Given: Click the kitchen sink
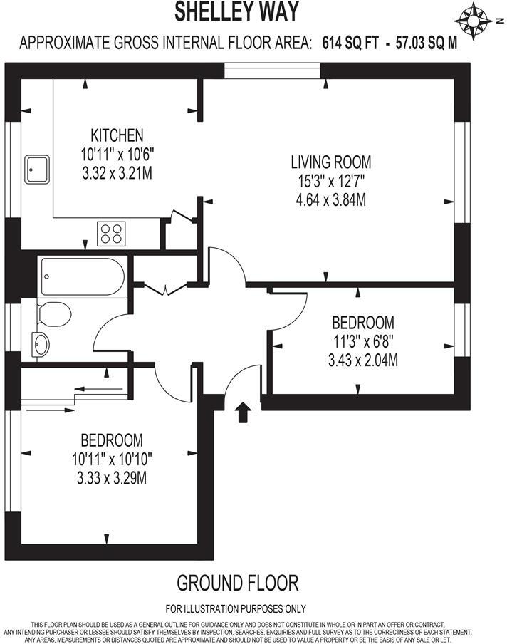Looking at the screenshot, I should [35, 169].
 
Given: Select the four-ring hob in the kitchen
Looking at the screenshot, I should [111, 232].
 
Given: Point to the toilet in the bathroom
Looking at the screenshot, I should [53, 313].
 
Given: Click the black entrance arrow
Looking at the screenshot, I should [244, 412].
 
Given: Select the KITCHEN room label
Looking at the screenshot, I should [117, 135].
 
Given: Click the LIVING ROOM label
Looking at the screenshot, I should [330, 162].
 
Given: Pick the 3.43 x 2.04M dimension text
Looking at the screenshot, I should [362, 361].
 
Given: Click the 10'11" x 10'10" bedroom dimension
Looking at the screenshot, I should [111, 459].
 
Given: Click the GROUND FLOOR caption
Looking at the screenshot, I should [237, 583].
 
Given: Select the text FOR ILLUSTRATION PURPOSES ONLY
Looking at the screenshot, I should [236, 608].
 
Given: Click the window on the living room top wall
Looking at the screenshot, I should [272, 71].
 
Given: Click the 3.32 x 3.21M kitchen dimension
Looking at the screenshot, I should [117, 172].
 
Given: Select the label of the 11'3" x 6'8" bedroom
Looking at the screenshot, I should [362, 322].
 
